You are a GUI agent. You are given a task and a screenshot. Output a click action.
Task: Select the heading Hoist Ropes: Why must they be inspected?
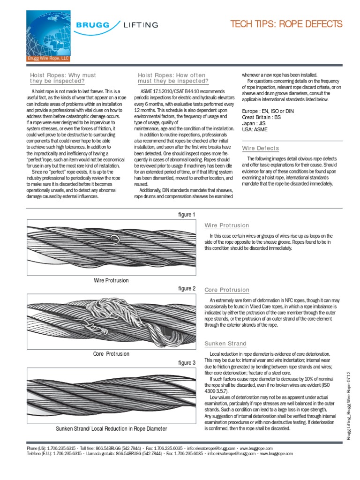pos(63,78)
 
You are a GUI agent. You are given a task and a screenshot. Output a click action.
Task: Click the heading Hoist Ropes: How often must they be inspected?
pos(172,78)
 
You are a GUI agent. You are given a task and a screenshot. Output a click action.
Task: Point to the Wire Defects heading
pos(260,148)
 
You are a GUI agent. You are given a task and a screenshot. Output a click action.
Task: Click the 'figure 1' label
pos(187,215)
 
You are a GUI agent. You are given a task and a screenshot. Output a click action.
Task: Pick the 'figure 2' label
pos(187,289)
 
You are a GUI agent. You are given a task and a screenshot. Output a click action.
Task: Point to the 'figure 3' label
pos(187,363)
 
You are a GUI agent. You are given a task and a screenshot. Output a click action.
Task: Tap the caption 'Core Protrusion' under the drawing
pos(111,354)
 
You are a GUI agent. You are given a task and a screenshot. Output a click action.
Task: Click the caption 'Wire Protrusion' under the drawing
pos(111,280)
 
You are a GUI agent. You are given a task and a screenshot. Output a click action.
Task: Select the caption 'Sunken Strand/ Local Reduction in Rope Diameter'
pos(111,428)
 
